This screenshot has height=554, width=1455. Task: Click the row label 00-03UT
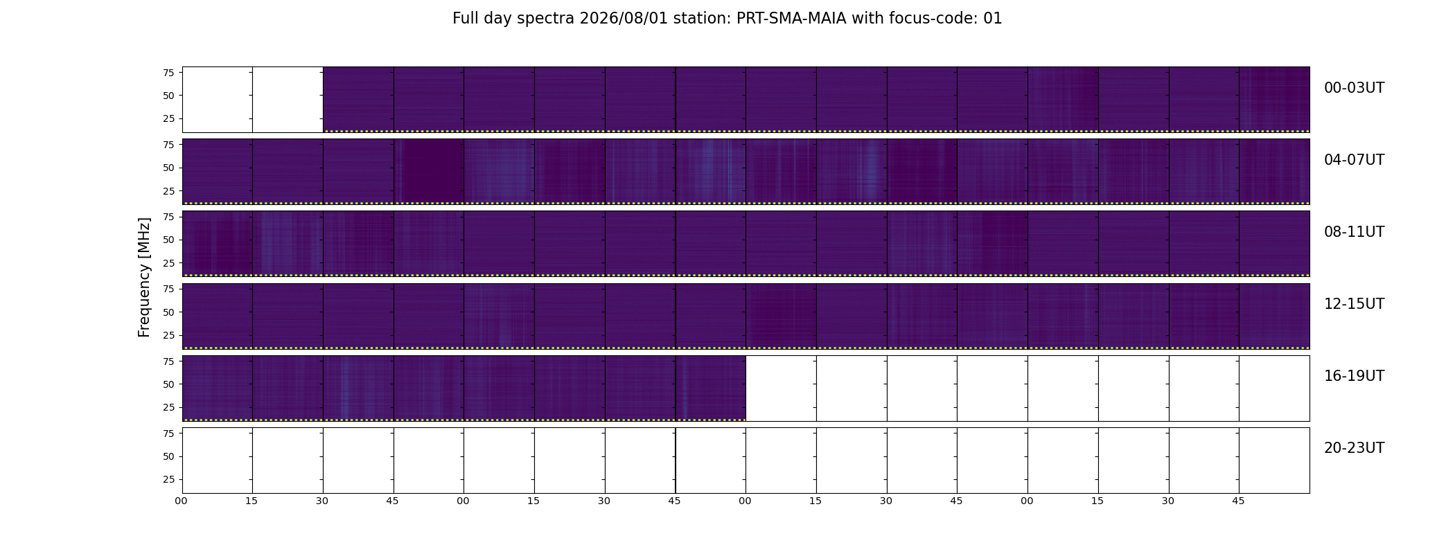tap(1354, 88)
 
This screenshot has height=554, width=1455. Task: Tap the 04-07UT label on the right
tap(1354, 160)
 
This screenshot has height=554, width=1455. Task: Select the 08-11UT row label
tap(1354, 232)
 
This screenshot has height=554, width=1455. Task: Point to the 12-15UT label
tap(1354, 304)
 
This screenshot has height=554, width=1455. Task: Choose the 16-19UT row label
tap(1354, 376)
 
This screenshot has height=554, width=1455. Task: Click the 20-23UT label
tap(1354, 448)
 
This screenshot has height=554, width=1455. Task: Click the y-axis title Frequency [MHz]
tap(144, 277)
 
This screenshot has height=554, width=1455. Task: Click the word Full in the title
tap(465, 19)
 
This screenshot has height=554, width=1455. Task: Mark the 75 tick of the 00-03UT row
tap(168, 73)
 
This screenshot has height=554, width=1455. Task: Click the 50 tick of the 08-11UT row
tap(168, 240)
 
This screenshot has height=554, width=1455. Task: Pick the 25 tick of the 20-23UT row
tap(168, 479)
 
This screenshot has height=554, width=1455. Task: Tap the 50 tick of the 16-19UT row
tap(168, 384)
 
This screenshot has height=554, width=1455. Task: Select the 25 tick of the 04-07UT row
tap(168, 191)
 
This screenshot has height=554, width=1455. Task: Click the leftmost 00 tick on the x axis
tap(182, 501)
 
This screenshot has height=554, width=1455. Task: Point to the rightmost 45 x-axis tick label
tap(1238, 501)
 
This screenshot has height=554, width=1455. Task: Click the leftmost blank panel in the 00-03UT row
tap(218, 100)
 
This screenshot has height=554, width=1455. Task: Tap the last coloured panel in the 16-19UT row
tap(711, 388)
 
